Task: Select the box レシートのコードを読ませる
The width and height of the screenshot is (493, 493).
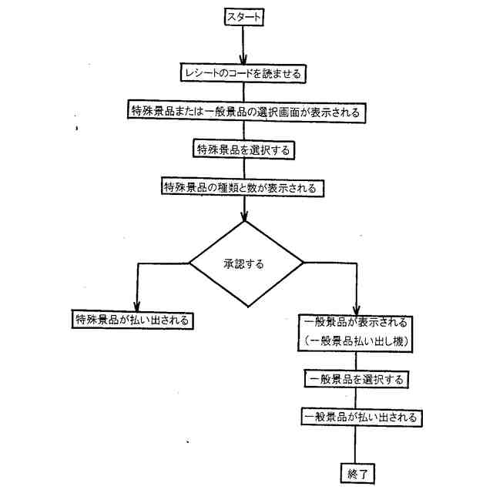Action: [243, 73]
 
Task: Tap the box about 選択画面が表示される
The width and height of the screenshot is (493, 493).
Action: [244, 111]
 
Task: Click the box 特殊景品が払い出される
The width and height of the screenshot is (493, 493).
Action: [131, 319]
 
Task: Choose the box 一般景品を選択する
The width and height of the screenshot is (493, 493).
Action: [355, 379]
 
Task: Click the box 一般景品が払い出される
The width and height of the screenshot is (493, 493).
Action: [361, 417]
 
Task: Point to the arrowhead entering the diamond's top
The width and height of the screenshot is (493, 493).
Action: [244, 215]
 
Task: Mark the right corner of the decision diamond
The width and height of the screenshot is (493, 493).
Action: [303, 263]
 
